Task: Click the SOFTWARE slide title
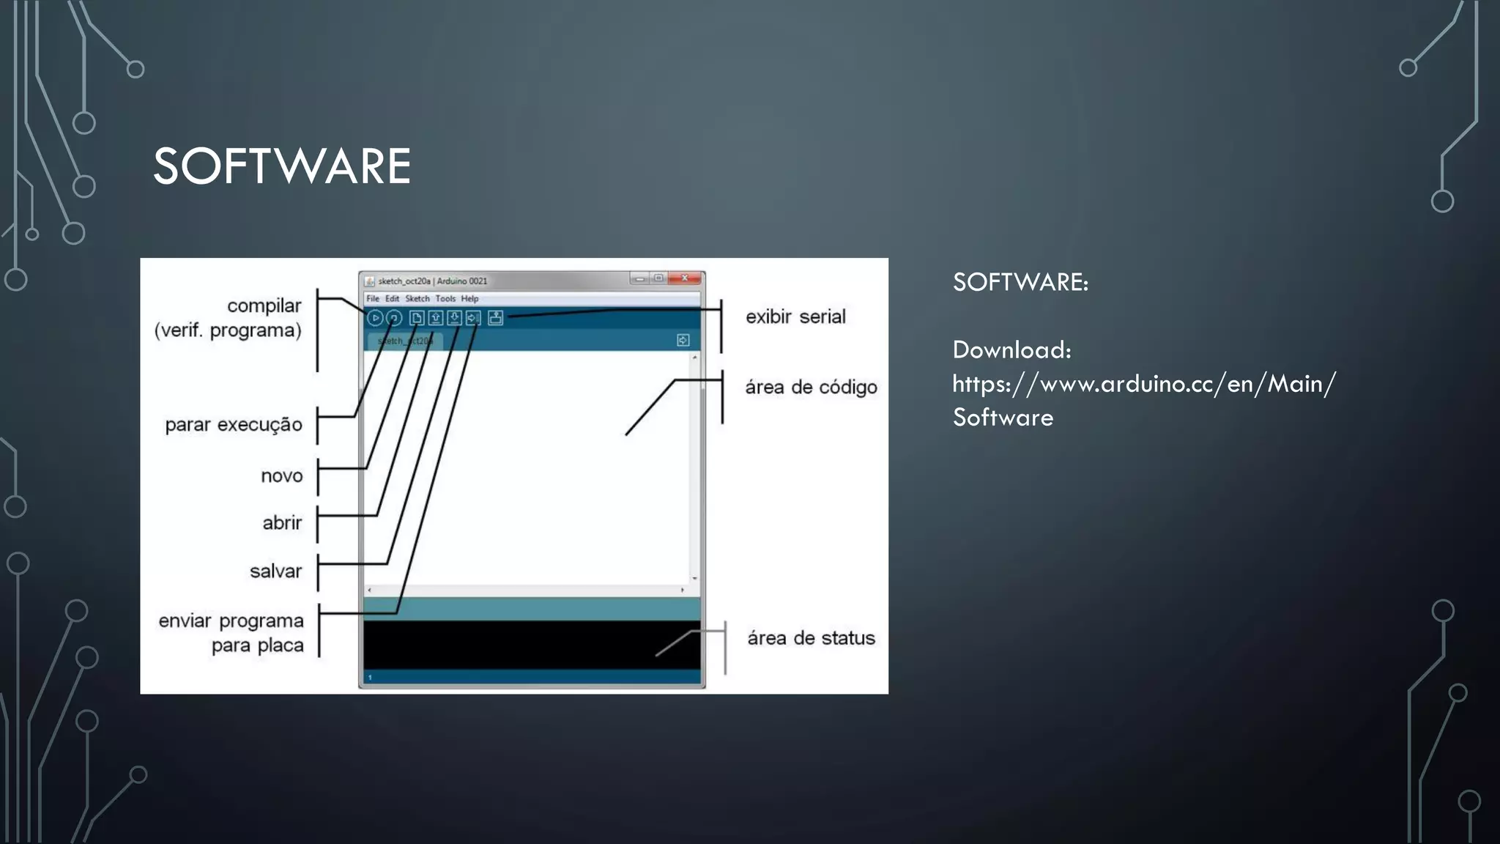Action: click(281, 166)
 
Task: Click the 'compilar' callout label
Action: click(264, 306)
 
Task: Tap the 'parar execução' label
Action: click(233, 425)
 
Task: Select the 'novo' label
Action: click(281, 476)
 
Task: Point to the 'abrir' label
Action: click(282, 523)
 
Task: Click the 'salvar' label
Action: click(275, 571)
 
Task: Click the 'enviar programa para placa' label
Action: click(231, 633)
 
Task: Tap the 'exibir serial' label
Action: click(795, 317)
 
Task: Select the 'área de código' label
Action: click(811, 388)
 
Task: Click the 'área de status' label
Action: click(811, 638)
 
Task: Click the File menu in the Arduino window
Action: click(373, 299)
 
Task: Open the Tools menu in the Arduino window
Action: click(445, 299)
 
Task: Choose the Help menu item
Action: click(469, 299)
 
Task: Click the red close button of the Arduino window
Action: click(686, 278)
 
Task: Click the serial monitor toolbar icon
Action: click(496, 318)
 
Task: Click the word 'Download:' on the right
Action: click(1011, 350)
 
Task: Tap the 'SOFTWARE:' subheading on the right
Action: click(1020, 283)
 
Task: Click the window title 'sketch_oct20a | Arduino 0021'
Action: click(432, 281)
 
